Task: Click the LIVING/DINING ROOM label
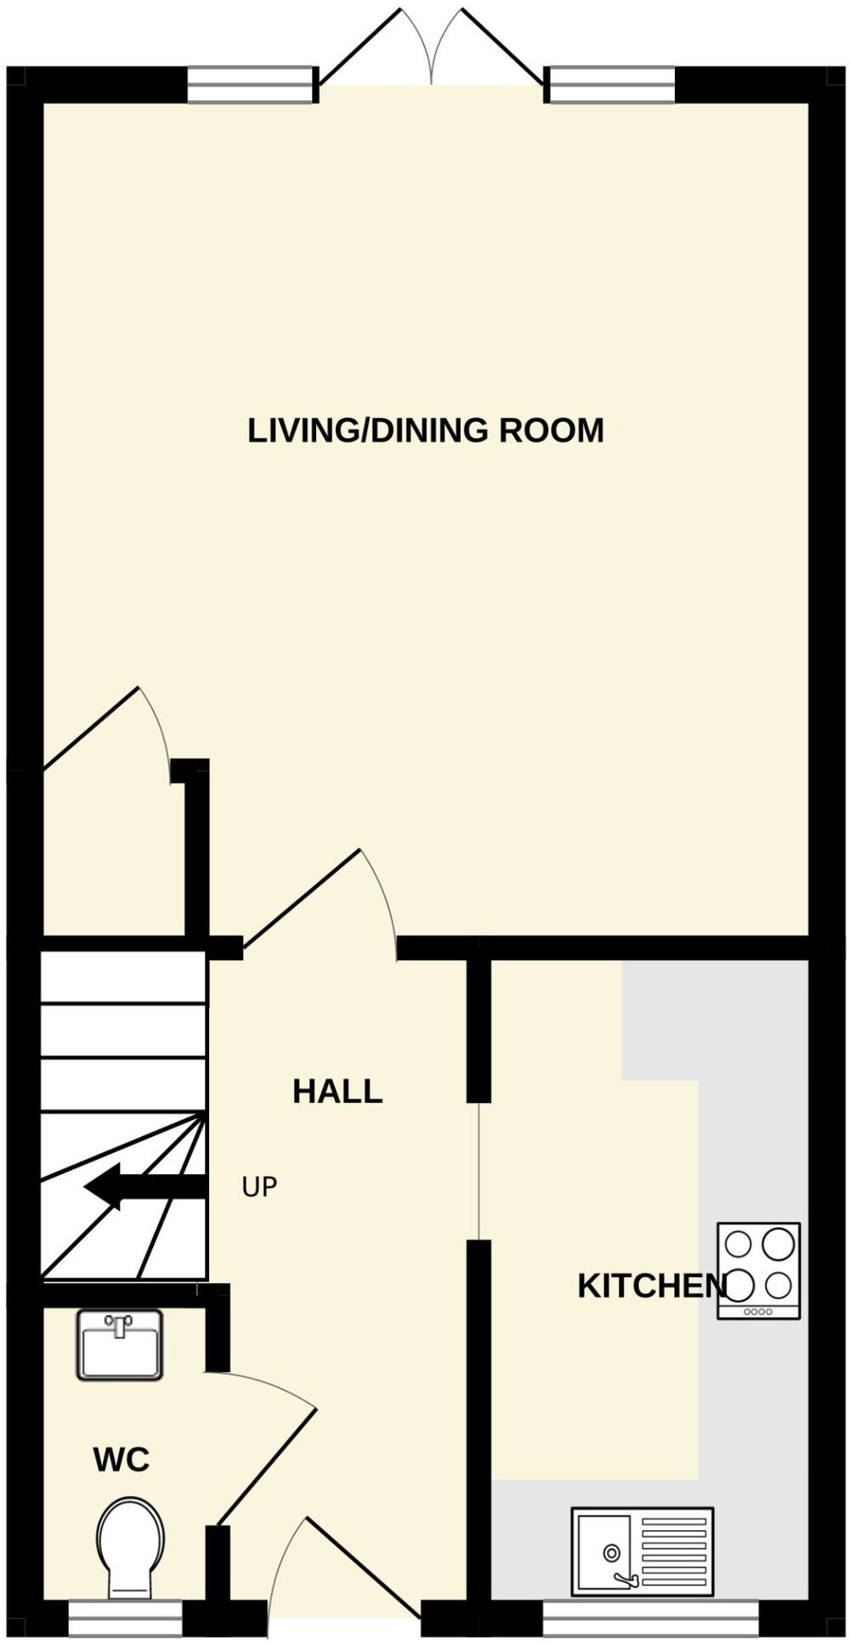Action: (x=425, y=431)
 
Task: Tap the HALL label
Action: (x=337, y=1092)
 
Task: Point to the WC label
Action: (x=121, y=1461)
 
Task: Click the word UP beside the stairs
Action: (x=259, y=1187)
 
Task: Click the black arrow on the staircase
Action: (x=144, y=1186)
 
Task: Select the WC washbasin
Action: (x=120, y=1343)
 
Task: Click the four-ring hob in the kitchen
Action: (x=758, y=1269)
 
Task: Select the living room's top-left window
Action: (x=250, y=85)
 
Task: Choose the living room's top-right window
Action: (x=611, y=85)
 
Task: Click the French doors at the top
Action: (x=432, y=51)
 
